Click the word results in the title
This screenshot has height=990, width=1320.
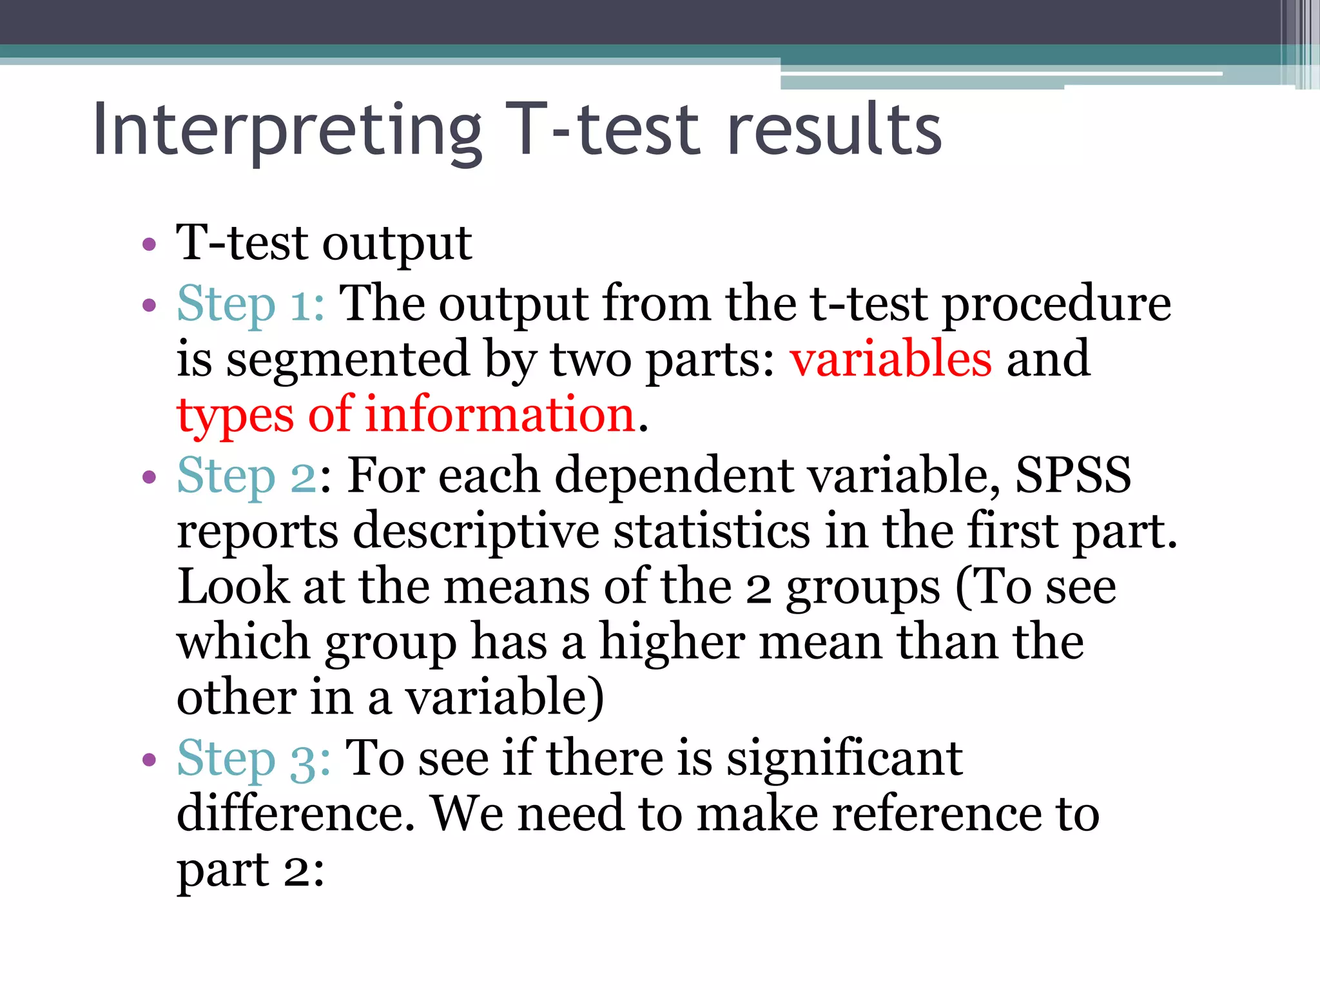click(x=834, y=131)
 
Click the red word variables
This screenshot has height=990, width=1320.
click(x=891, y=359)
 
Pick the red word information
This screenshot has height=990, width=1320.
click(x=501, y=414)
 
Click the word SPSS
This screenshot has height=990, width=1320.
click(x=1073, y=475)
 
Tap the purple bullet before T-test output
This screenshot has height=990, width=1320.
click(x=150, y=245)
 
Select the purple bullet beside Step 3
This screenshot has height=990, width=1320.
click(x=150, y=760)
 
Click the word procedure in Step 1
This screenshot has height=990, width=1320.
click(x=1056, y=304)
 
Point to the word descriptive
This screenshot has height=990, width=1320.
click(x=476, y=532)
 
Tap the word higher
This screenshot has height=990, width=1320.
click(x=672, y=643)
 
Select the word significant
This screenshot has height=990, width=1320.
click(x=844, y=759)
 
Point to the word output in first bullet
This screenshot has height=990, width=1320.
click(x=397, y=245)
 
